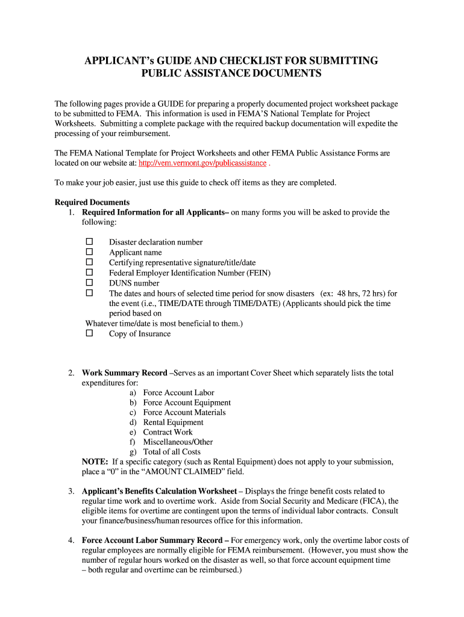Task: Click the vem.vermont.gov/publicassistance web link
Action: (x=202, y=163)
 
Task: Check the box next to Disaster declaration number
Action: (x=89, y=242)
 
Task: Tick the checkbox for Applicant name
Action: (x=89, y=252)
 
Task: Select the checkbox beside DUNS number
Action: (x=89, y=283)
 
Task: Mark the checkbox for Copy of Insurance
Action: (x=89, y=333)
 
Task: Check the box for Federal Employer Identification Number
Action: (x=89, y=272)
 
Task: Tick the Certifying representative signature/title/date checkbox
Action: (x=89, y=262)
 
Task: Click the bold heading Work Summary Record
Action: (x=124, y=373)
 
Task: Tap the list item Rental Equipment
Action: (x=173, y=422)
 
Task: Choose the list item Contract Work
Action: (x=168, y=432)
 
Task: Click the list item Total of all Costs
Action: (x=172, y=452)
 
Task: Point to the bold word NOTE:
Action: (x=95, y=462)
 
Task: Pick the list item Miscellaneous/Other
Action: (x=178, y=442)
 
